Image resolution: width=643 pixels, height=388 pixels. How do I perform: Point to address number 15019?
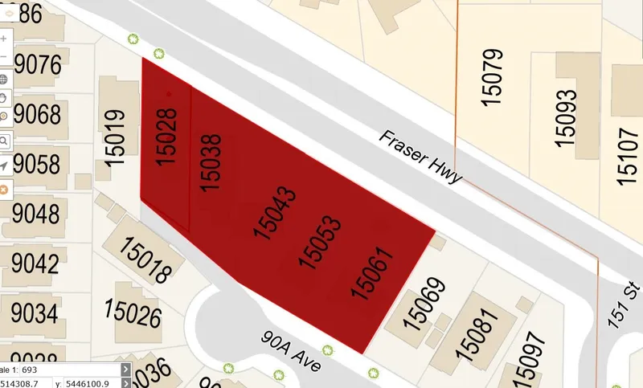[117, 137]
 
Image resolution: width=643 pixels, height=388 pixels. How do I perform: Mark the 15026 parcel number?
[133, 314]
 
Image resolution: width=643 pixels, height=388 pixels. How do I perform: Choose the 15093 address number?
[566, 118]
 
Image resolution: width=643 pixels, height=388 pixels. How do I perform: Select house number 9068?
[36, 114]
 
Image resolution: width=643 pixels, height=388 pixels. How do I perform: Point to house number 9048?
[36, 214]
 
